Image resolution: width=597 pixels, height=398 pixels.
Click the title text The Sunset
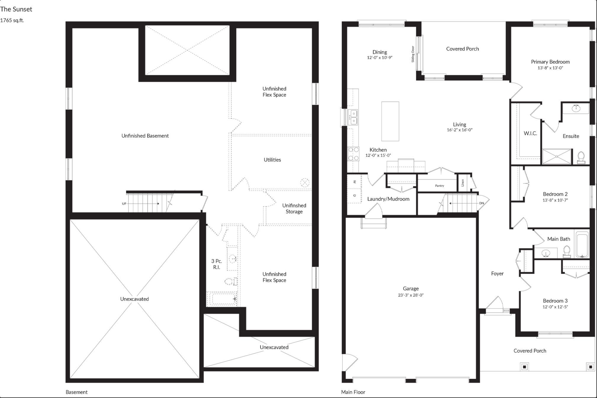[x=16, y=9]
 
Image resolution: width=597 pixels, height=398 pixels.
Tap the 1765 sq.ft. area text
[x=12, y=20]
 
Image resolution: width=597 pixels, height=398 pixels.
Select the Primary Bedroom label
[x=550, y=62]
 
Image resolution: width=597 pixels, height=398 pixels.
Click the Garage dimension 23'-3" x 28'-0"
[x=411, y=295]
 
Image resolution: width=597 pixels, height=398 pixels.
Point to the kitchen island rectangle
[x=390, y=121]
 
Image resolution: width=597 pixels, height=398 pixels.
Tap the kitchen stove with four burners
[x=353, y=154]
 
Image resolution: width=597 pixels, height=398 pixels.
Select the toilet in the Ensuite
[x=581, y=158]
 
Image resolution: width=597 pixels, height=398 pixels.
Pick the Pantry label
[x=440, y=186]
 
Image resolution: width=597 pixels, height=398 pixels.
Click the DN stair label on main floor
[x=482, y=203]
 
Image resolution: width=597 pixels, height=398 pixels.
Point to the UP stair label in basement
[x=124, y=203]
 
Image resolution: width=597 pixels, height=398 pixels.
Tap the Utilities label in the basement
[x=272, y=160]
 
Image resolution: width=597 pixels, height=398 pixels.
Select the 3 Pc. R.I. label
[x=217, y=264]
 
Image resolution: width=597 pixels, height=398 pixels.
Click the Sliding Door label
[x=413, y=54]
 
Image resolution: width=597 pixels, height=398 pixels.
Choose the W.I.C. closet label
[x=530, y=133]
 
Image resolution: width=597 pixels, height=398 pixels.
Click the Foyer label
[x=497, y=274]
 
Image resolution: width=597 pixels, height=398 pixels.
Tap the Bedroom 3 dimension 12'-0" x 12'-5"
[x=555, y=307]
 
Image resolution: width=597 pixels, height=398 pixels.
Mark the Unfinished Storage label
[x=294, y=208]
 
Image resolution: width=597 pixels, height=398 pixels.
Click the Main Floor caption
[x=353, y=392]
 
